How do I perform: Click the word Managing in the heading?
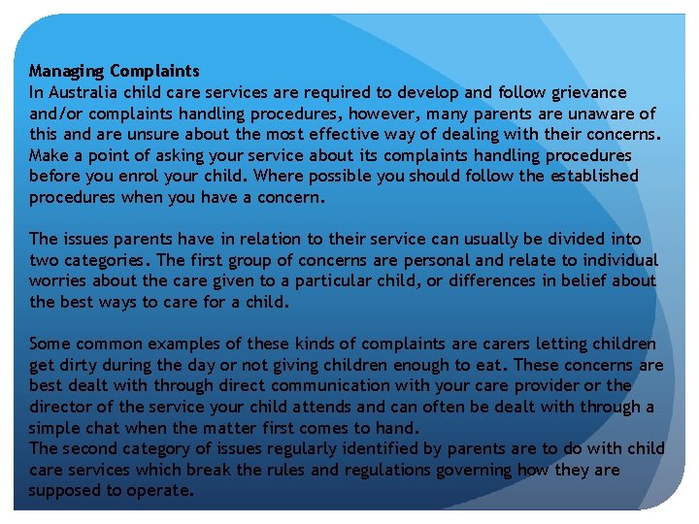click(66, 71)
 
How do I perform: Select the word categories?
click(103, 260)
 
